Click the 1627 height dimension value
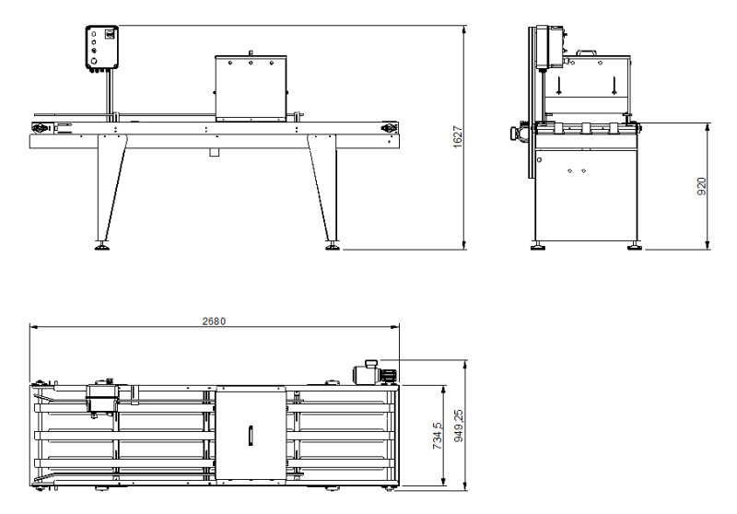pyautogui.click(x=458, y=136)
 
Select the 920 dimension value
pyautogui.click(x=701, y=186)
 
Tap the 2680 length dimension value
pyautogui.click(x=214, y=321)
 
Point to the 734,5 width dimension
pyautogui.click(x=437, y=436)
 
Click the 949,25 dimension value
pyautogui.click(x=459, y=426)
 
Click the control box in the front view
pyautogui.click(x=101, y=48)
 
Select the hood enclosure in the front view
pyautogui.click(x=251, y=88)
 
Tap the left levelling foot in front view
pyautogui.click(x=102, y=246)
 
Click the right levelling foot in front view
pyautogui.click(x=333, y=246)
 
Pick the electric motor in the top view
pyautogui.click(x=375, y=372)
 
